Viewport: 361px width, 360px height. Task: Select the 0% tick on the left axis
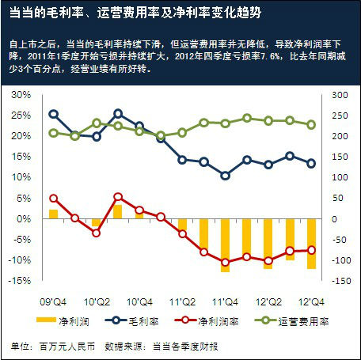click(x=24, y=218)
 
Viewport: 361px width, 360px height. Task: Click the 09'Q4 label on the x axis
click(x=52, y=300)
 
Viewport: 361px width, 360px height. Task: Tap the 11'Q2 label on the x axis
click(x=183, y=300)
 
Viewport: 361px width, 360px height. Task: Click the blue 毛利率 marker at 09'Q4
click(x=53, y=114)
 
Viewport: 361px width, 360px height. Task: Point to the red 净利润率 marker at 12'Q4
click(x=311, y=250)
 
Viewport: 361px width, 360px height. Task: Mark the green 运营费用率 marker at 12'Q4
click(x=311, y=124)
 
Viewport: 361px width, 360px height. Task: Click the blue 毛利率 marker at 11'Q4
click(x=225, y=176)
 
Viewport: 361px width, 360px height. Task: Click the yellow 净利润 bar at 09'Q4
click(x=53, y=214)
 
